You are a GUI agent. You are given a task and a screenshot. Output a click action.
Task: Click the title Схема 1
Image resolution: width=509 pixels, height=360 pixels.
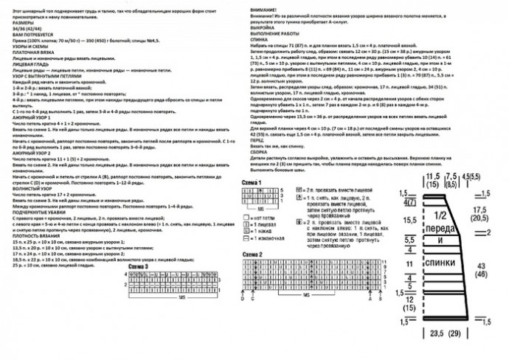pyautogui.click(x=252, y=181)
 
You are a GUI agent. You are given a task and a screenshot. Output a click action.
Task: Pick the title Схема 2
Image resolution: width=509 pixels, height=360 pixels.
pyautogui.click(x=252, y=254)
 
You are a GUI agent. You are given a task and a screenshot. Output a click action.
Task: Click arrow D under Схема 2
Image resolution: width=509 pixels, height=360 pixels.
pyautogui.click(x=243, y=298)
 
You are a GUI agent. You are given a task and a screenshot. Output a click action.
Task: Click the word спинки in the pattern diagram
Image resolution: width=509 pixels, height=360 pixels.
pyautogui.click(x=439, y=263)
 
